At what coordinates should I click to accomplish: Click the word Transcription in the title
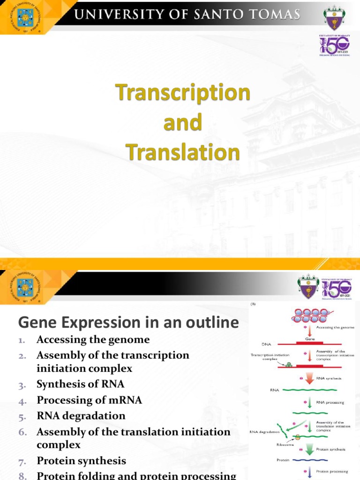(x=182, y=92)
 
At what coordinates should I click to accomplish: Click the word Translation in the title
(x=182, y=153)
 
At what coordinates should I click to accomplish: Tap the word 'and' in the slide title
(x=182, y=123)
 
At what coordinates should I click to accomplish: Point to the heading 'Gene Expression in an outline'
(x=128, y=322)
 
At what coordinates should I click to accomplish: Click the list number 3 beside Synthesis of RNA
(x=22, y=385)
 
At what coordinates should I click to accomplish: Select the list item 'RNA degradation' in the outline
(x=81, y=416)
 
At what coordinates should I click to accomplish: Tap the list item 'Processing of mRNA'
(x=89, y=400)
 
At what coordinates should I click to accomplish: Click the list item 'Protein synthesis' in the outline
(x=82, y=461)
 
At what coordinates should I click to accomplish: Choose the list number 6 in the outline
(x=23, y=432)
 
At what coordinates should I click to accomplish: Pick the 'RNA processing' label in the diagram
(x=331, y=402)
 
